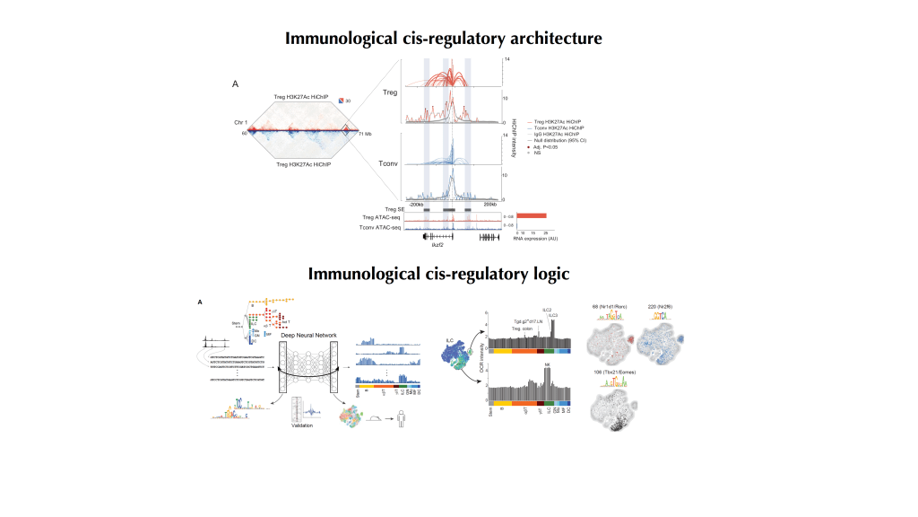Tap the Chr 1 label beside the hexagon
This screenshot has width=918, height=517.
240,121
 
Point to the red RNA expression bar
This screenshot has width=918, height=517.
532,215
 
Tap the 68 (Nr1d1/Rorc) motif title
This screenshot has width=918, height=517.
613,307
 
